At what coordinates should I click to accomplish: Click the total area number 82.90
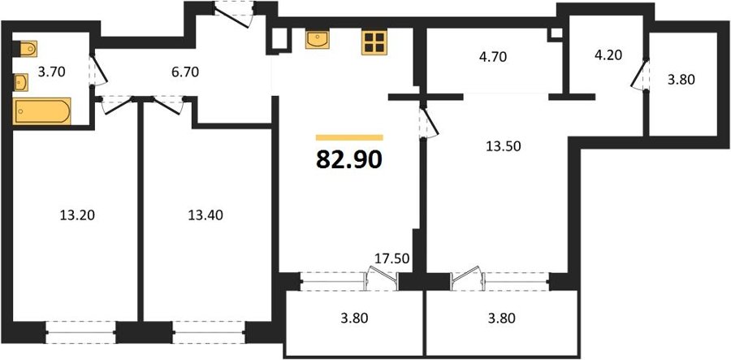[x=349, y=160]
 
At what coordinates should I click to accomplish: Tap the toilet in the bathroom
[x=24, y=49]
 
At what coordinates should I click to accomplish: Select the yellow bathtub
[x=42, y=111]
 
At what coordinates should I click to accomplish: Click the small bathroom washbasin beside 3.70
[x=21, y=83]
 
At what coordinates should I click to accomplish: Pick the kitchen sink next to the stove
[x=318, y=39]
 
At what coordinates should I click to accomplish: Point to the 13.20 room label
[x=77, y=215]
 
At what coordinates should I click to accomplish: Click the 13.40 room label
[x=205, y=215]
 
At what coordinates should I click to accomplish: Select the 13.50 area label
[x=503, y=146]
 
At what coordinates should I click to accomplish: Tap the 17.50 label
[x=392, y=258]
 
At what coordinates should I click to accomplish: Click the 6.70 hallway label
[x=185, y=72]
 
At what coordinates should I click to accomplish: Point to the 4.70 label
[x=492, y=57]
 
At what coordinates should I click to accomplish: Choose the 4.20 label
[x=608, y=55]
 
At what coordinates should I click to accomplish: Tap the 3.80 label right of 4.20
[x=681, y=80]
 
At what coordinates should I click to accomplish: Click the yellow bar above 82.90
[x=349, y=137]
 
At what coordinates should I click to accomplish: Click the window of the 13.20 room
[x=81, y=332]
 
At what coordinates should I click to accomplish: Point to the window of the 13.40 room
[x=210, y=332]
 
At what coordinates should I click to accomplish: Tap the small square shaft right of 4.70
[x=556, y=33]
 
